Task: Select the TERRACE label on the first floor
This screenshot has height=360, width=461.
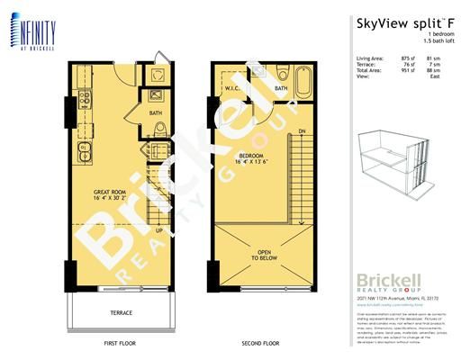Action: click(x=122, y=312)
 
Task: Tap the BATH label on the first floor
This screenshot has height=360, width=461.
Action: click(x=156, y=113)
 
